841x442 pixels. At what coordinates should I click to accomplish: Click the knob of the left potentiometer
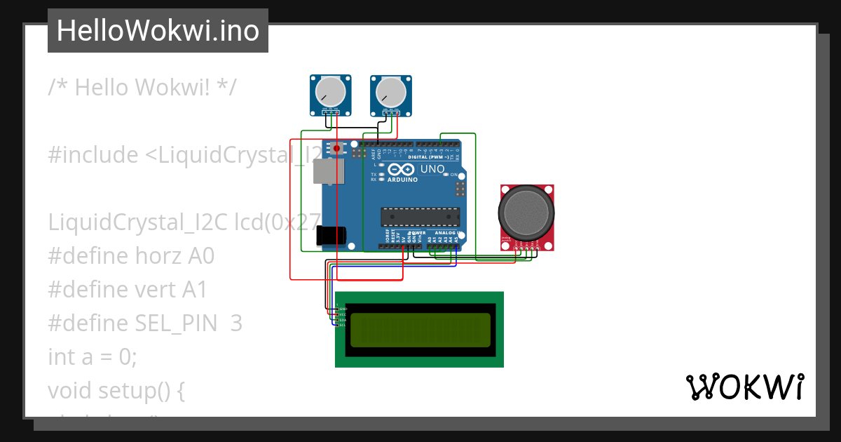(x=329, y=92)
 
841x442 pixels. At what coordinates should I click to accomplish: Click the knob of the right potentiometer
(x=390, y=92)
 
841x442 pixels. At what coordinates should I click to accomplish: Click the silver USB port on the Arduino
(x=328, y=171)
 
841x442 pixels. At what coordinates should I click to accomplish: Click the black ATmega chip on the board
(x=420, y=217)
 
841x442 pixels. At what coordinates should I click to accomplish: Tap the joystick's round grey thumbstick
(x=526, y=209)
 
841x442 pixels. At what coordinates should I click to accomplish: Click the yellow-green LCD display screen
(x=420, y=330)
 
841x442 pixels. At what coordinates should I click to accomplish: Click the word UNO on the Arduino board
(x=432, y=169)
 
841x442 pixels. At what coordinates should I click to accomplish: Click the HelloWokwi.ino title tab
(x=158, y=31)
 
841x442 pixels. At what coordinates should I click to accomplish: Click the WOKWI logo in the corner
(x=744, y=387)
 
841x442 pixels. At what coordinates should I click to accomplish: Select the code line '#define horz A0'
(x=131, y=256)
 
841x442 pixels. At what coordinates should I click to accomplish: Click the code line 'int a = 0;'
(x=93, y=356)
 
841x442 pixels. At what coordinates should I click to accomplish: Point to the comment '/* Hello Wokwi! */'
(x=142, y=88)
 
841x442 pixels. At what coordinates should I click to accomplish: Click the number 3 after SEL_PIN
(x=236, y=323)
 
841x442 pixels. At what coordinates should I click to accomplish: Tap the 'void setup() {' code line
(x=116, y=390)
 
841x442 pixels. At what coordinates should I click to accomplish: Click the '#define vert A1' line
(x=128, y=290)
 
